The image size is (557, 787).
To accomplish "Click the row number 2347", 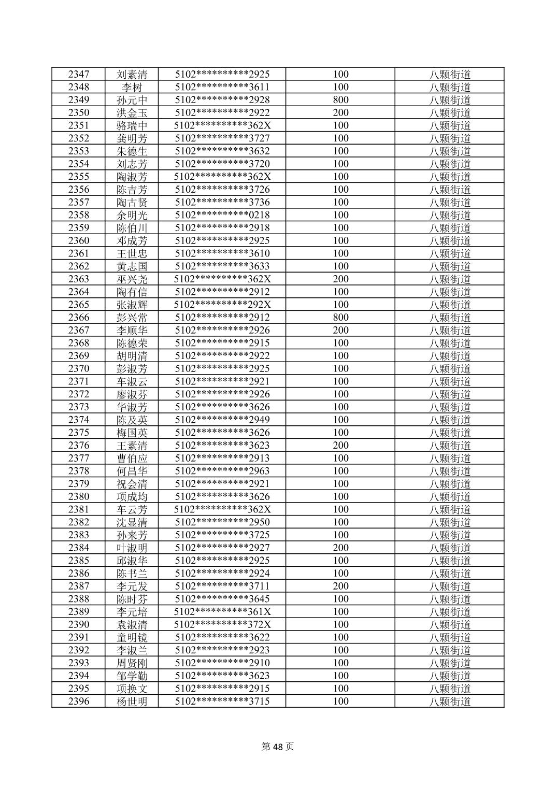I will pyautogui.click(x=78, y=74).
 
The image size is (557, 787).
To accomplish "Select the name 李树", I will pyautogui.click(x=132, y=87).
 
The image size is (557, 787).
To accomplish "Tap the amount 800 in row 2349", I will pyautogui.click(x=340, y=100).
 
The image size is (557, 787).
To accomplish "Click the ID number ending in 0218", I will pyautogui.click(x=222, y=215).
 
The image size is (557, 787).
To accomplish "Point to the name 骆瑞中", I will pyautogui.click(x=132, y=125).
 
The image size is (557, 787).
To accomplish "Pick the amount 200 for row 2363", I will pyautogui.click(x=340, y=279).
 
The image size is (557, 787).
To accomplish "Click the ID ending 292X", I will pyautogui.click(x=222, y=305).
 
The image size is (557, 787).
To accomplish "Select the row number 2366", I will pyautogui.click(x=78, y=317).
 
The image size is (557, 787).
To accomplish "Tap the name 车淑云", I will pyautogui.click(x=132, y=381).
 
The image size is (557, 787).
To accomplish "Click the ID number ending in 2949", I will pyautogui.click(x=222, y=420).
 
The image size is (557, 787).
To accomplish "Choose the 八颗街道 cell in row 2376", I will pyautogui.click(x=450, y=445).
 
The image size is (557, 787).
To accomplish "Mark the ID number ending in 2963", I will pyautogui.click(x=222, y=471).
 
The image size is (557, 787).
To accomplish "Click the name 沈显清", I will pyautogui.click(x=132, y=522).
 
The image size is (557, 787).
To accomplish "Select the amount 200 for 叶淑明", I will pyautogui.click(x=340, y=548).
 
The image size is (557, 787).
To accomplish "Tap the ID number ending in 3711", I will pyautogui.click(x=222, y=586).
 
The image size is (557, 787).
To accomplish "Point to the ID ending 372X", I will pyautogui.click(x=222, y=624).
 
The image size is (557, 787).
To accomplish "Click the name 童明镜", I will pyautogui.click(x=132, y=637).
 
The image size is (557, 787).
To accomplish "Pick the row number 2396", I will pyautogui.click(x=78, y=701).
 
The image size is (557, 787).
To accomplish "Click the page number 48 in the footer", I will pyautogui.click(x=278, y=747).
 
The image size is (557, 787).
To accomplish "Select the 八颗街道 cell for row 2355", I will pyautogui.click(x=450, y=177).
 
